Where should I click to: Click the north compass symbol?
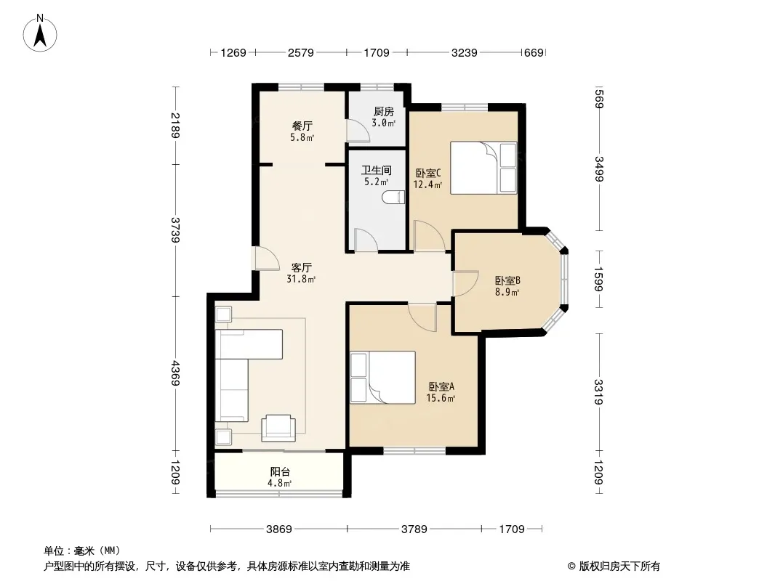point(40,33)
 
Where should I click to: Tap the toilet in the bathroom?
point(393,198)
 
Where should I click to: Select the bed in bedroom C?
point(483,168)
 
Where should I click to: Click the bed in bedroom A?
point(382,378)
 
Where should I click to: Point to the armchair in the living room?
point(278,428)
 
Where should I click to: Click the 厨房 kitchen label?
point(384,112)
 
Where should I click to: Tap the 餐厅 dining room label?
point(302,126)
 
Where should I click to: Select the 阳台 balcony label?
point(280,472)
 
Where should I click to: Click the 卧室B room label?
point(507,281)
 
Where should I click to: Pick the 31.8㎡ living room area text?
point(301,280)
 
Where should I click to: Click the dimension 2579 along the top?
point(300,52)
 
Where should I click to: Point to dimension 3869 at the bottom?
point(278,529)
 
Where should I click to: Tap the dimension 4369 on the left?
point(175,373)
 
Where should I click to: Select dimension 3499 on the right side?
point(598,168)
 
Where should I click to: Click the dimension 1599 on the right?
point(598,280)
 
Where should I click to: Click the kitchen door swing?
point(358,130)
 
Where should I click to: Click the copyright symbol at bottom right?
point(571,566)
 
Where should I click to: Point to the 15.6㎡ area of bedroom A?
point(441,399)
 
